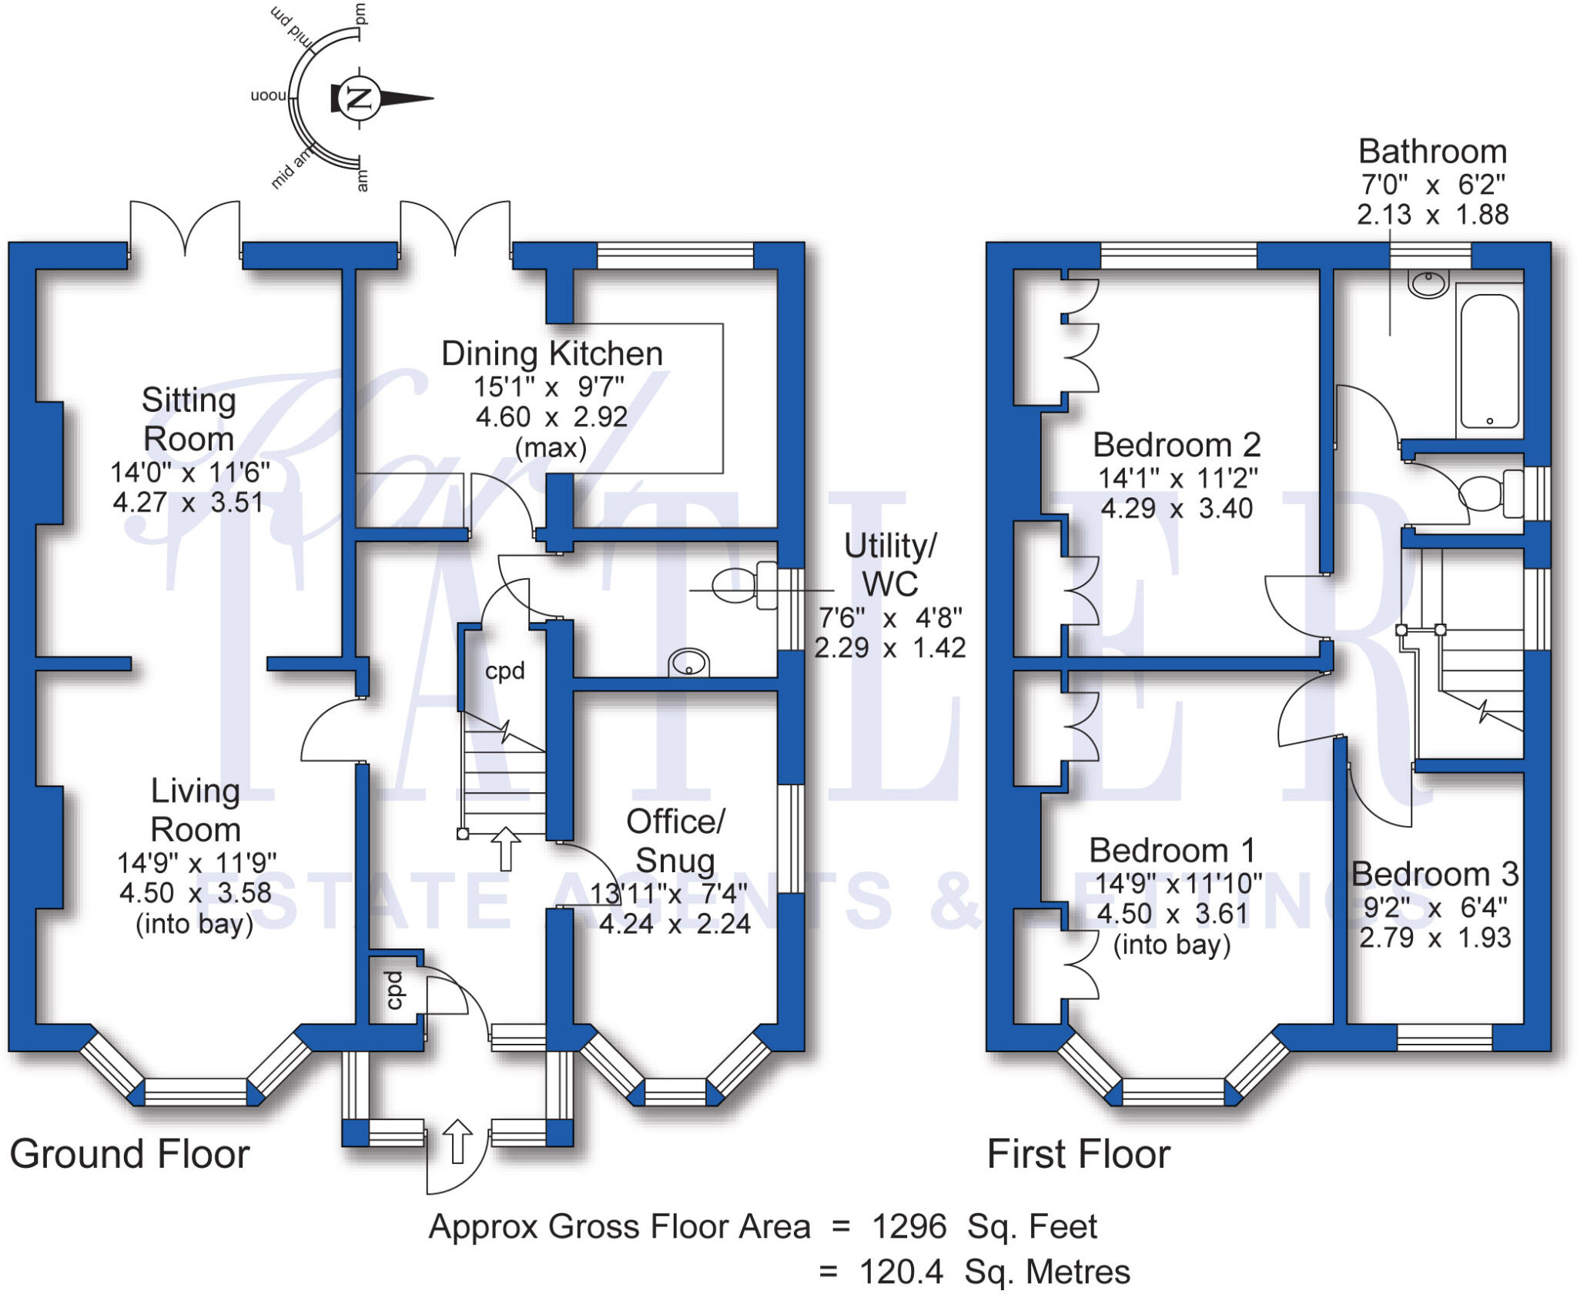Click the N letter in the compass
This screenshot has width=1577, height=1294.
tap(359, 98)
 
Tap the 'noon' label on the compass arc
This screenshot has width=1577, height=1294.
tap(268, 96)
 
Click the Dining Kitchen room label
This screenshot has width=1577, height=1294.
tap(551, 353)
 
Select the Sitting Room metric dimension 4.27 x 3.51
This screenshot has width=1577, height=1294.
tap(189, 503)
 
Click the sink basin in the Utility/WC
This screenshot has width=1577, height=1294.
tap(688, 662)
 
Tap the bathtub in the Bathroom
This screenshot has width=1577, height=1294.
tap(1489, 360)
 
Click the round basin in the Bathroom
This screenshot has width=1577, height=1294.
tap(1428, 283)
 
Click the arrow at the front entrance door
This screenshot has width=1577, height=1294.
tap(457, 1141)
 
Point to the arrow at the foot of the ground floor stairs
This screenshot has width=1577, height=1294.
tap(505, 848)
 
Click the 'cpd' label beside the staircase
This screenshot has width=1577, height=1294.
tap(505, 671)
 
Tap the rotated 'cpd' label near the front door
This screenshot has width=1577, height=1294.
tap(395, 990)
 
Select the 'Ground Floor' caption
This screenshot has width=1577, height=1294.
tap(129, 1155)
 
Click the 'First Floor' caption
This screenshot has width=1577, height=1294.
tap(1078, 1155)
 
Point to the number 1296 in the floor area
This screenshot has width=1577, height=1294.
tap(909, 1227)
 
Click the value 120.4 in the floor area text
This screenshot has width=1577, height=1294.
tap(901, 1272)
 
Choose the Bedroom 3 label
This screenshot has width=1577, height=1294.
tap(1435, 874)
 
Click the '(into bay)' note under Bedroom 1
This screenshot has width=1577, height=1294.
tap(1172, 945)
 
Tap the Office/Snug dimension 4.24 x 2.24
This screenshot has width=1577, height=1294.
tap(675, 924)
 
